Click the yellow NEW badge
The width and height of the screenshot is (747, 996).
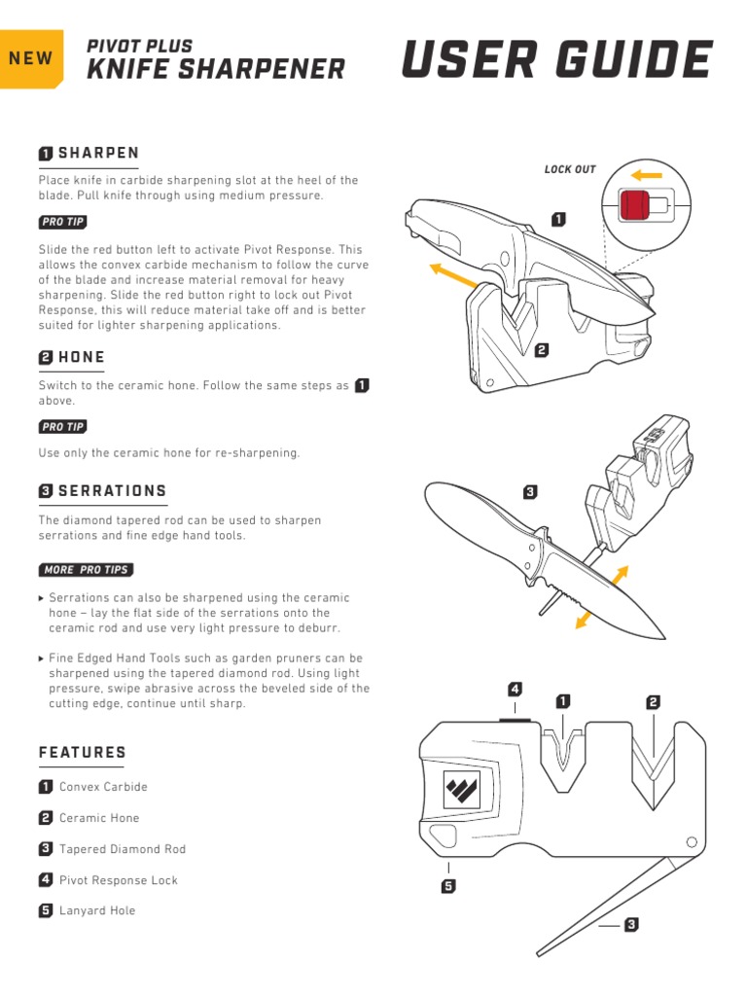pos(31,59)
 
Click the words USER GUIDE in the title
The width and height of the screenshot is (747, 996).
pos(557,59)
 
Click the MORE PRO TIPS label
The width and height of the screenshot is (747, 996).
pos(86,570)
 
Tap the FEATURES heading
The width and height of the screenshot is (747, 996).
pos(82,753)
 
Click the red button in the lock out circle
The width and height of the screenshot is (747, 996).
pos(633,205)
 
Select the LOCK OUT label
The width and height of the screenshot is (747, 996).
pos(570,169)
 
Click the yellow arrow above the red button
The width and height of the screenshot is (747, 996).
pos(647,175)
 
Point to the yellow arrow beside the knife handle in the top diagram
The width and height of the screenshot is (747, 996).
pos(453,275)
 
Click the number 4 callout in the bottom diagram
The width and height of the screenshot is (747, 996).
pos(516,690)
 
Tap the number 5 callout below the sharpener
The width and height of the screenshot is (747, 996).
pos(448,886)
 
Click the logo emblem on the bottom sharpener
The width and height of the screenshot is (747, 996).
pos(461,788)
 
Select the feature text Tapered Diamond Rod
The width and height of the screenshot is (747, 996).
pos(123,849)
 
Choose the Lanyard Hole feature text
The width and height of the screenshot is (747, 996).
pos(97,910)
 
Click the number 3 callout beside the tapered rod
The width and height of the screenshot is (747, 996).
pos(631,925)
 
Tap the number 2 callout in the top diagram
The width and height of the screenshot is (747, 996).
pos(541,350)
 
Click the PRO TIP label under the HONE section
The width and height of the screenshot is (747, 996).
pos(62,427)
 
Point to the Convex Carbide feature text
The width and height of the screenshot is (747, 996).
pos(103,787)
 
